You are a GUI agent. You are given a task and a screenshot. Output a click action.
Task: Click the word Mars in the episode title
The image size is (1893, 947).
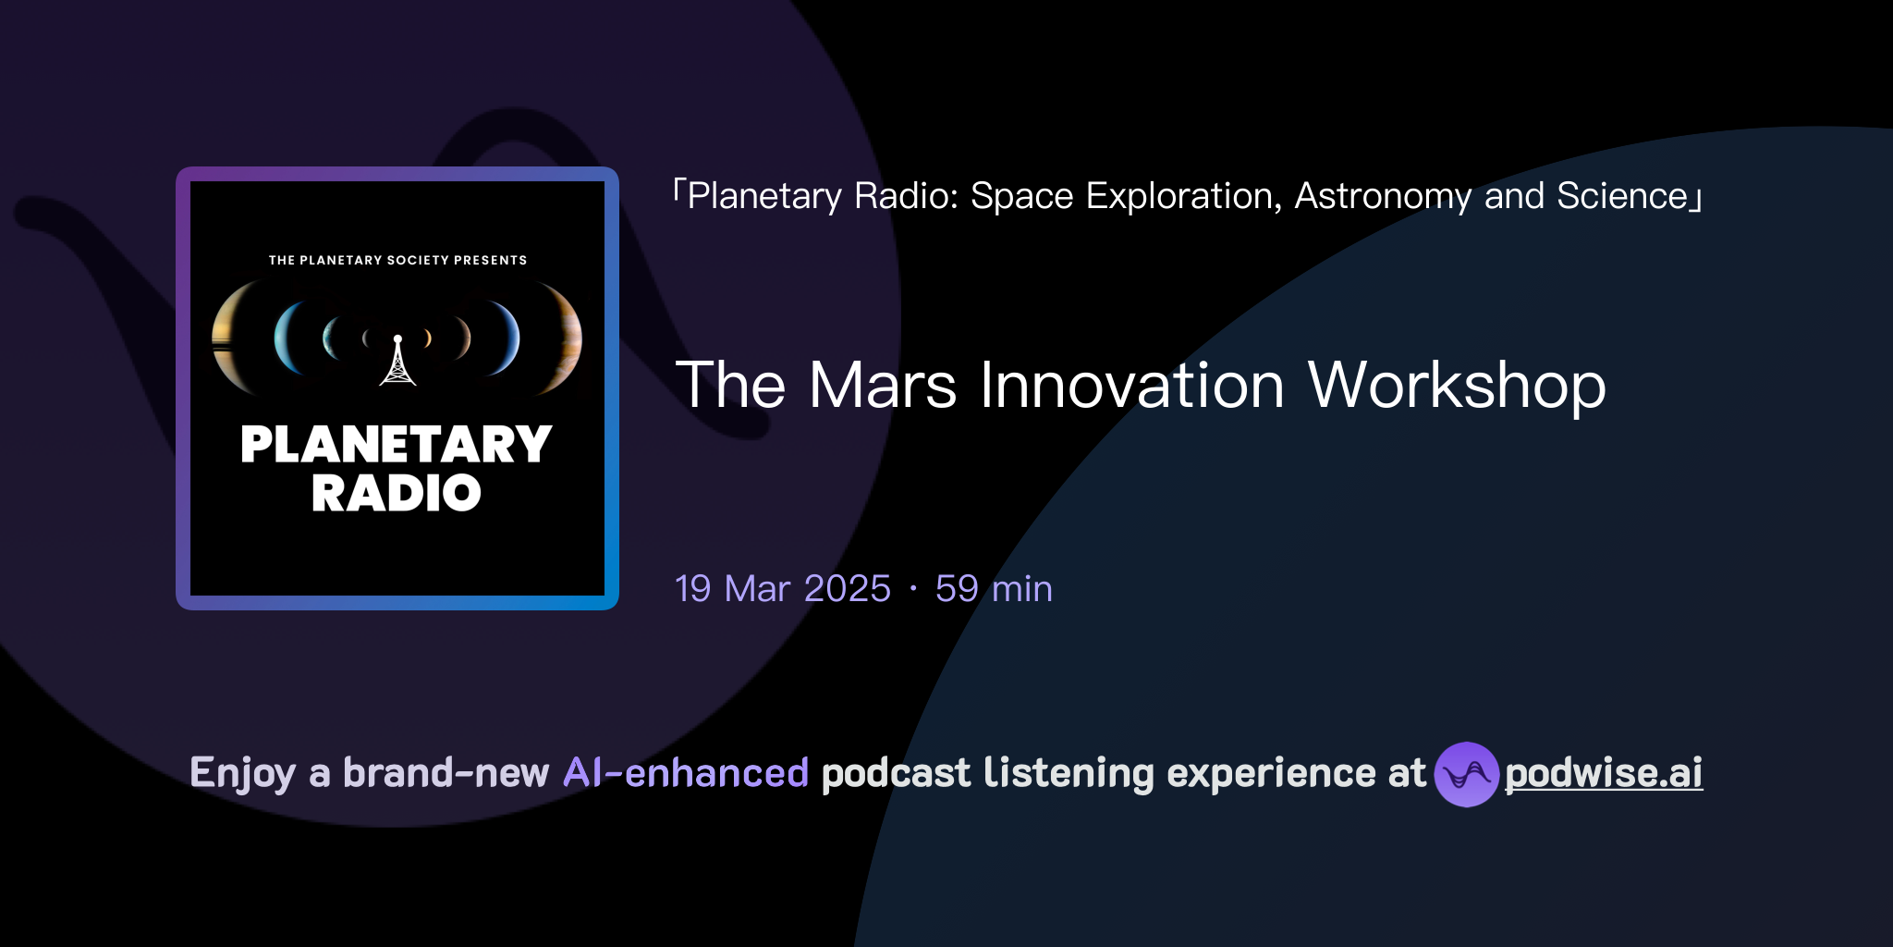click(883, 386)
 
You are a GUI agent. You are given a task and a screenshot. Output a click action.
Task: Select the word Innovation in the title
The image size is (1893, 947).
click(1131, 386)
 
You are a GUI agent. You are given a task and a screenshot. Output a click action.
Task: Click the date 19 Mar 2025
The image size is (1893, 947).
click(782, 589)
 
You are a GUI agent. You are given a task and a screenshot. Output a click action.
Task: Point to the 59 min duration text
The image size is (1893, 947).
click(994, 589)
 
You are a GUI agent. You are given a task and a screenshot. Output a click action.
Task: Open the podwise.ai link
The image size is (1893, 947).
click(1604, 773)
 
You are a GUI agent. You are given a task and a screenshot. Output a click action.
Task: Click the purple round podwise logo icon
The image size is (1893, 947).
click(1466, 774)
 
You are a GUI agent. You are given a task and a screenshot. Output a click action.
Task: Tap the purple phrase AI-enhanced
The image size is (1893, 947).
click(686, 773)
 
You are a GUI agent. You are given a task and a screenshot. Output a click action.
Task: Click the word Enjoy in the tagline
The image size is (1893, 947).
click(242, 773)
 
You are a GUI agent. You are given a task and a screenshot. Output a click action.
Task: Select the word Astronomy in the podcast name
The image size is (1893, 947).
click(1383, 196)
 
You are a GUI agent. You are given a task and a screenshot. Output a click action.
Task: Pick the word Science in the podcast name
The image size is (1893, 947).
click(1622, 196)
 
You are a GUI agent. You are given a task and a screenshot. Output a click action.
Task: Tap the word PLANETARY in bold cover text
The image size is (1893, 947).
click(396, 445)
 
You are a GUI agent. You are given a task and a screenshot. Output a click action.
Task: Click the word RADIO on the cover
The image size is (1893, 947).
click(396, 493)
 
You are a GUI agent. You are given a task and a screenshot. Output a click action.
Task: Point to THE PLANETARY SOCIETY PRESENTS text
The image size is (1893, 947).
click(397, 260)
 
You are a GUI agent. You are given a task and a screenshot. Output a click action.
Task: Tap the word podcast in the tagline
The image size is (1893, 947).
click(896, 773)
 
